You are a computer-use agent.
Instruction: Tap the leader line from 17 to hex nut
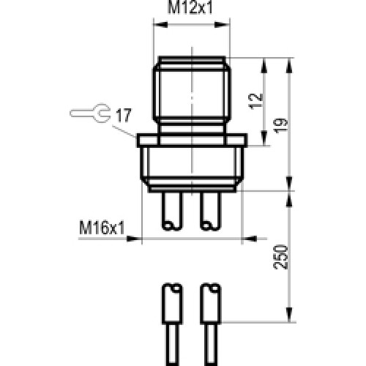pos(126,128)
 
